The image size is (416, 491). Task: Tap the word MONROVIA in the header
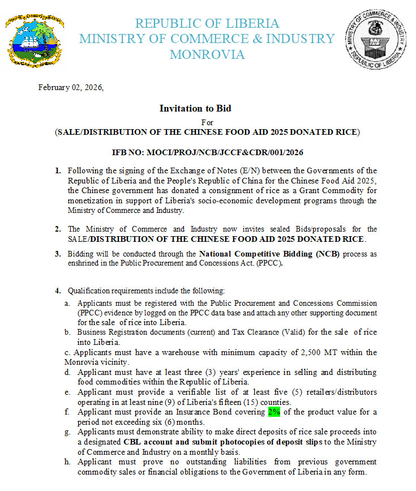pos(207,55)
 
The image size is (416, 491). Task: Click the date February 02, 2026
pos(71,88)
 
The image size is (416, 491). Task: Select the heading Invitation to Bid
pos(195,108)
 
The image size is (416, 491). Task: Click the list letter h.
pos(67,462)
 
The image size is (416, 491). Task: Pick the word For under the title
pos(207,122)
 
